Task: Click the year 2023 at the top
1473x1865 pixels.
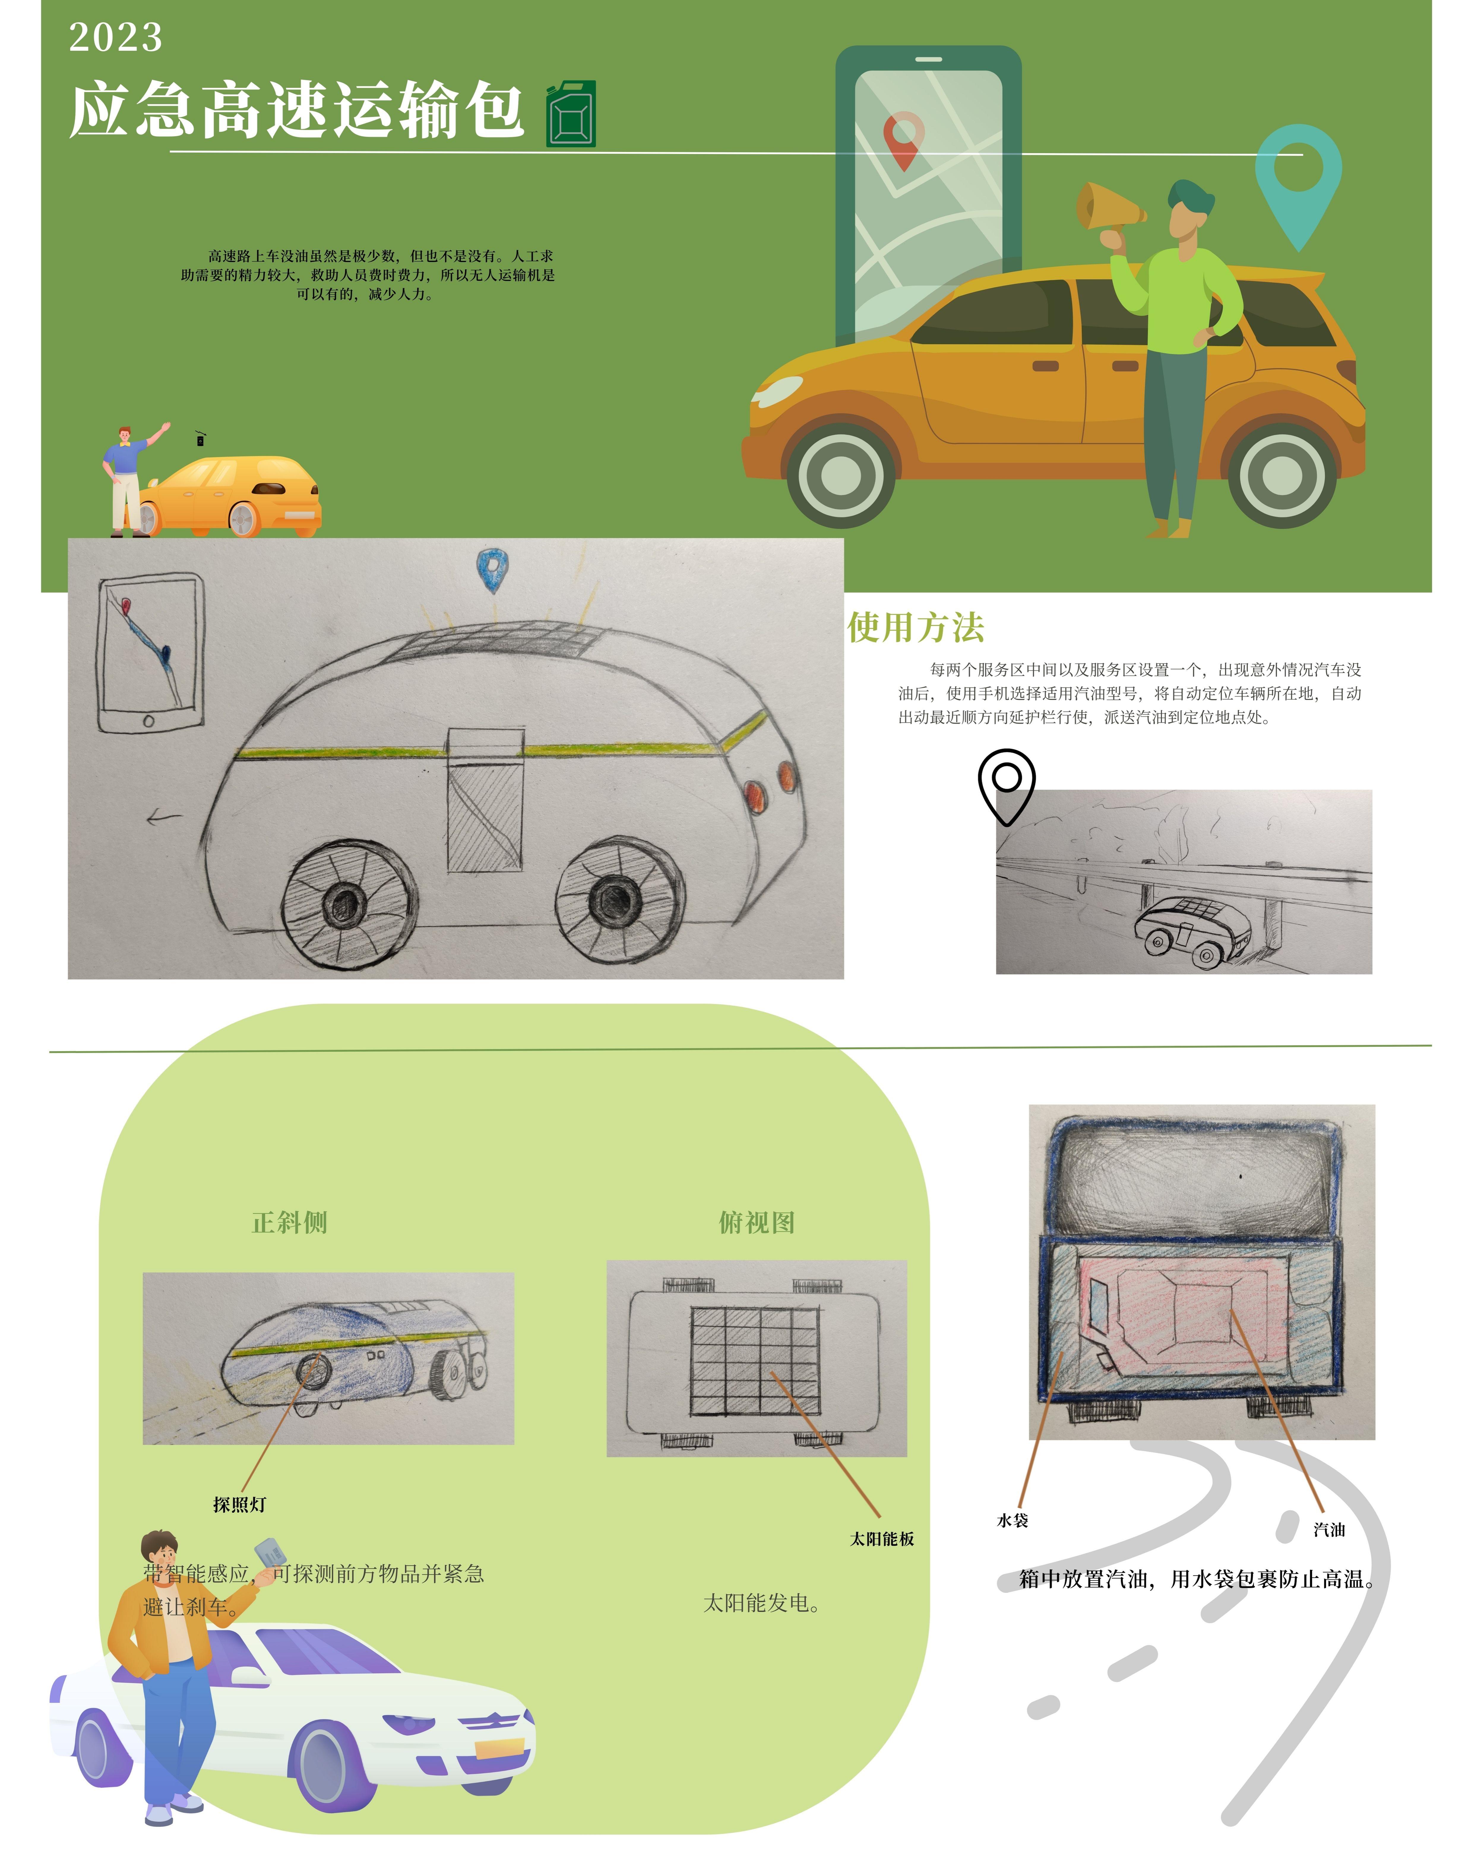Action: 116,37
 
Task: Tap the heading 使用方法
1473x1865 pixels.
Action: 916,627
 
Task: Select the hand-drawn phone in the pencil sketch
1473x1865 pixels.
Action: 151,654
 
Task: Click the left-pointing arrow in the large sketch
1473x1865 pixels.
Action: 164,817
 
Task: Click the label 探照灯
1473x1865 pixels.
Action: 240,1505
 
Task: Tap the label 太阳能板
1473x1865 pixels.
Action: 882,1539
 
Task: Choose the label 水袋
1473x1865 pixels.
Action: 1012,1520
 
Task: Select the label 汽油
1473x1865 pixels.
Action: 1329,1530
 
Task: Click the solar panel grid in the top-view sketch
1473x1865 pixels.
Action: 754,1361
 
